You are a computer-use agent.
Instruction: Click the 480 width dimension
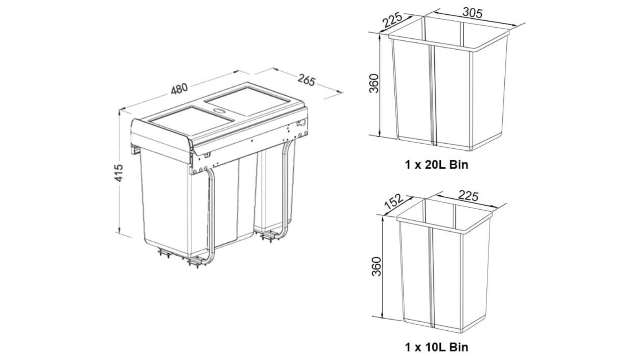click(179, 90)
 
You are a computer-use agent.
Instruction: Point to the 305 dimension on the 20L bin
click(472, 13)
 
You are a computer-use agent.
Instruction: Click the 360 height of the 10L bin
click(376, 266)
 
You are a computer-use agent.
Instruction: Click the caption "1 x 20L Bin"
click(436, 164)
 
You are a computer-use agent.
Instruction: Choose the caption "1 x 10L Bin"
click(436, 346)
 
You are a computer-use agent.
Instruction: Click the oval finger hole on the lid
click(219, 108)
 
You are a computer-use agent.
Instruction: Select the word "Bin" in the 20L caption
click(459, 164)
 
